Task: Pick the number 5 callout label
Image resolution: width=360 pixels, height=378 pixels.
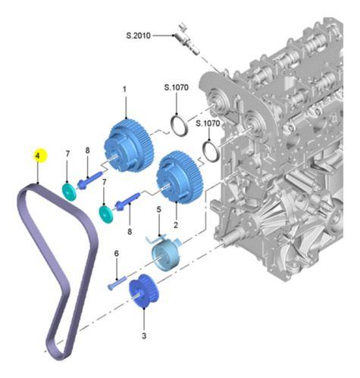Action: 158,210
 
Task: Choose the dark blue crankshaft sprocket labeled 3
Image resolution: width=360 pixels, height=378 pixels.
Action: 142,292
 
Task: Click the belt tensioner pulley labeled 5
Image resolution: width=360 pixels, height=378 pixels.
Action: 163,255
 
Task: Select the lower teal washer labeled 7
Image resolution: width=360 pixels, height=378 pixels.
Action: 106,214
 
